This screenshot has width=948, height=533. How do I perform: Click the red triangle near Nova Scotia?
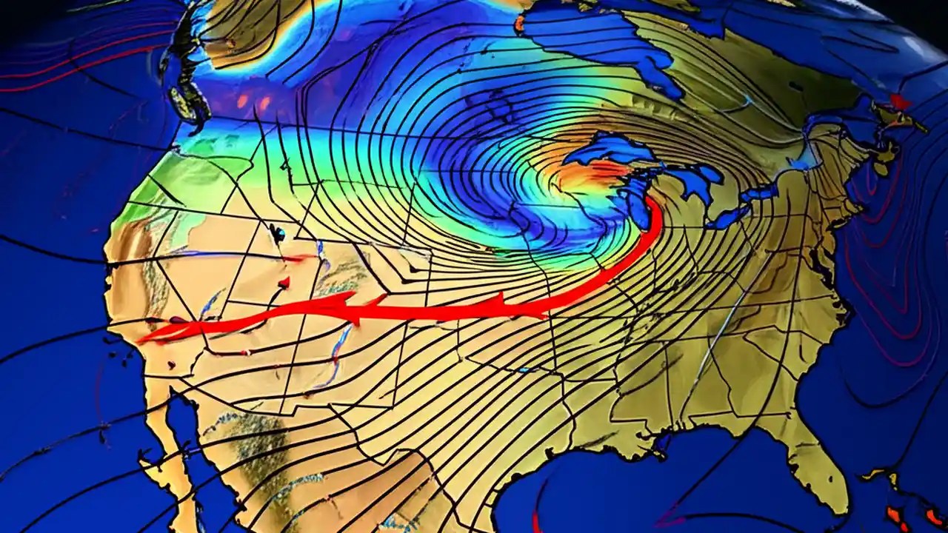pos(900,101)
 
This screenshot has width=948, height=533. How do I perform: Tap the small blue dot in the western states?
pos(279,235)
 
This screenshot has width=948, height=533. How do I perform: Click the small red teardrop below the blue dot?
pos(284,283)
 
